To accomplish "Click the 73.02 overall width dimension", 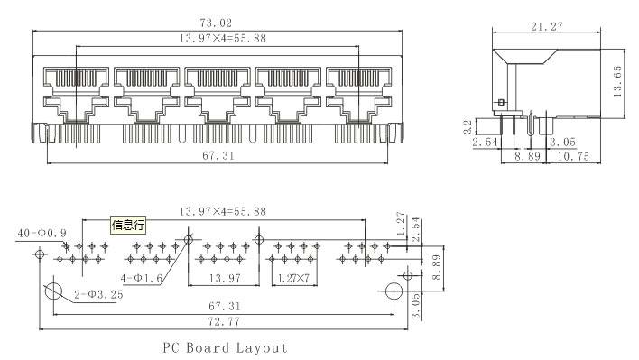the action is (x=216, y=22).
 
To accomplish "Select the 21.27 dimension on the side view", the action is (x=547, y=26).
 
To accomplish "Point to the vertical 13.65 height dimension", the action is (x=617, y=81).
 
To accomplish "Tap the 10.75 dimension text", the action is (x=573, y=156).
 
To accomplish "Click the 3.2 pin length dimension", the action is (x=468, y=126).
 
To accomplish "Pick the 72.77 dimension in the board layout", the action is (x=224, y=322).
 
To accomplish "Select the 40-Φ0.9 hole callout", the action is (x=42, y=233).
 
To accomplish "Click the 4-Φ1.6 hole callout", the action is (x=142, y=278).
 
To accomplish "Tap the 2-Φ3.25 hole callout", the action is (x=98, y=294).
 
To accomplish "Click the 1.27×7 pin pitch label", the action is (x=293, y=279).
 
